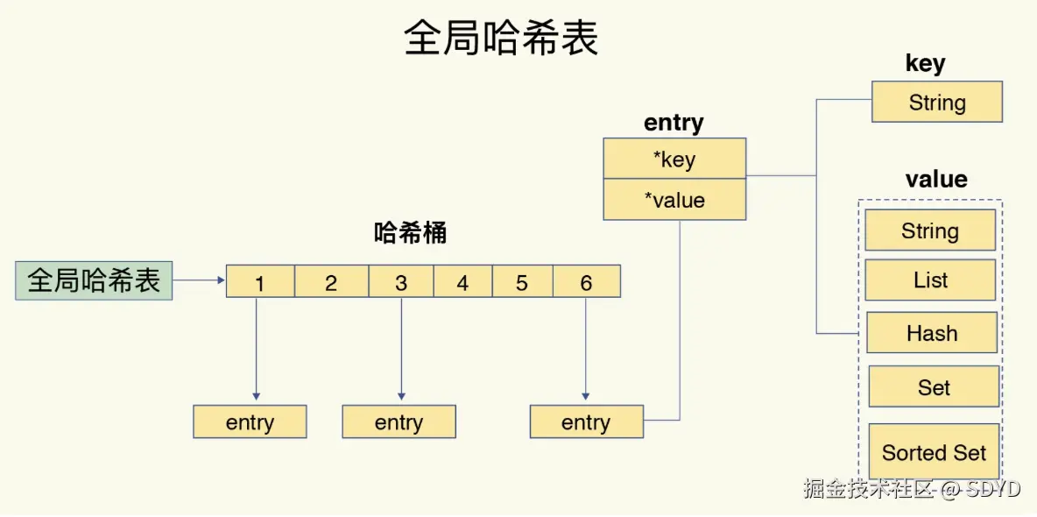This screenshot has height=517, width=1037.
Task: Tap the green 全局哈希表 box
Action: [x=94, y=280]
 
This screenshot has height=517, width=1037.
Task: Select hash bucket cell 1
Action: [x=260, y=281]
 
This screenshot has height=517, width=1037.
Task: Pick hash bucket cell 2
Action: [x=331, y=281]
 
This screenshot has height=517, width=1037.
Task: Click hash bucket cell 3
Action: [x=401, y=281]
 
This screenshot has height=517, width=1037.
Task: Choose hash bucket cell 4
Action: [x=462, y=281]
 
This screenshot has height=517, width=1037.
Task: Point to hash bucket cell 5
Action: [x=522, y=281]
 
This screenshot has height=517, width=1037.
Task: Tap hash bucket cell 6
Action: [x=586, y=281]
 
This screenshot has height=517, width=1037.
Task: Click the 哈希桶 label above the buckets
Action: [x=410, y=233]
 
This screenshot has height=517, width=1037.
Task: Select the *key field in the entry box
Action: [x=674, y=159]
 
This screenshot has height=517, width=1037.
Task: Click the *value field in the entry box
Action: [x=674, y=200]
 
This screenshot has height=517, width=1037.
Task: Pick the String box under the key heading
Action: [x=937, y=102]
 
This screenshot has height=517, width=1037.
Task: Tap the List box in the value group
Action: [x=930, y=280]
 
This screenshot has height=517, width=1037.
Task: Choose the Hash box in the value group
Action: [x=932, y=333]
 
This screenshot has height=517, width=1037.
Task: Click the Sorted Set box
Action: [x=934, y=452]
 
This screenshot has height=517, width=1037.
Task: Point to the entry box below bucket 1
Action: [x=250, y=421]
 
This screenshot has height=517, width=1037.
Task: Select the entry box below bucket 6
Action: [x=586, y=421]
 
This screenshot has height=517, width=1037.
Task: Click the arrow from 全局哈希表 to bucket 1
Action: [x=199, y=280]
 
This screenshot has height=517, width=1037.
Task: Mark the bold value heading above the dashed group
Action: [x=936, y=180]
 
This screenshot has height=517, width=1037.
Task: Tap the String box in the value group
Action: [x=930, y=230]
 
